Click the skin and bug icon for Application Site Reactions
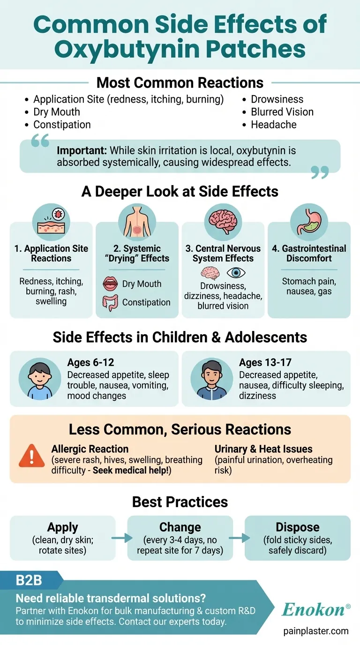[x=51, y=221]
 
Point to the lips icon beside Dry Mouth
[x=110, y=284]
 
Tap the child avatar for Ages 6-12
[x=39, y=378]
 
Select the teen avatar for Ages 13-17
[x=211, y=378]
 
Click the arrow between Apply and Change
[x=121, y=538]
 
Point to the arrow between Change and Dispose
[x=239, y=538]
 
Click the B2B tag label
[x=29, y=580]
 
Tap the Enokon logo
[x=315, y=609]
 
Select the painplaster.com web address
[x=316, y=631]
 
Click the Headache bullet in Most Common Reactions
[x=274, y=125]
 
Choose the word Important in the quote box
[x=81, y=151]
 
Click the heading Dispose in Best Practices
[x=297, y=527]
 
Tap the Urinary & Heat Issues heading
[x=263, y=449]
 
